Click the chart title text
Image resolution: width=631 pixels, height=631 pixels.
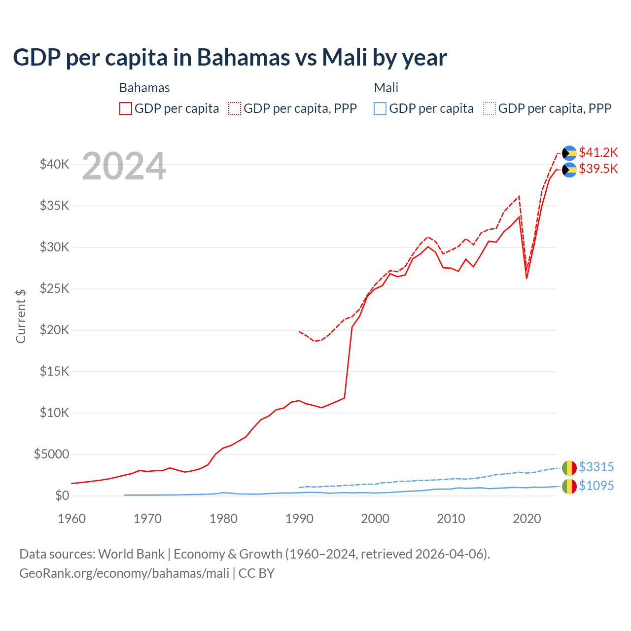coord(230,58)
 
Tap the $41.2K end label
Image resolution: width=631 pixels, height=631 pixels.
coord(598,152)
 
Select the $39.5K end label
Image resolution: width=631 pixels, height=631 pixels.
coord(598,169)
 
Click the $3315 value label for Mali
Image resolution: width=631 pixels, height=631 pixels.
coord(596,467)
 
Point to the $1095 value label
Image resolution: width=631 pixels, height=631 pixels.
coord(596,486)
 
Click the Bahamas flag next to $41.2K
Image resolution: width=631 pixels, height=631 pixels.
coord(569,153)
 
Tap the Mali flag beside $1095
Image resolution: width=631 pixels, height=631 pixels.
coord(569,486)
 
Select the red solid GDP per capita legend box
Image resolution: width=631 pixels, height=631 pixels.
coord(126,108)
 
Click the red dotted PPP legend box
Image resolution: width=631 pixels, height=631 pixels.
coord(235,108)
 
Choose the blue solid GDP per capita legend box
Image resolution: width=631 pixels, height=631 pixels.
coord(380,108)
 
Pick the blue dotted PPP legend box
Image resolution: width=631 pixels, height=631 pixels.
coord(490,108)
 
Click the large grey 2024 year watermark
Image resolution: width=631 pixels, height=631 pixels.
coord(124,167)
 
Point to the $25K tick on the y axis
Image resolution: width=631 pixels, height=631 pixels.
coord(54,288)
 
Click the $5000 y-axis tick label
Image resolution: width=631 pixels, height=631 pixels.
coord(51,454)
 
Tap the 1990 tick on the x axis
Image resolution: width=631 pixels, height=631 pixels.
coord(299,519)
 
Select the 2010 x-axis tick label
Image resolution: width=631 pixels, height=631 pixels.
coord(451,519)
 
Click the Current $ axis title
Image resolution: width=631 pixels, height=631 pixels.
coord(21,316)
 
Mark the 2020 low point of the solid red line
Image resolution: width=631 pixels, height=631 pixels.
coord(526,279)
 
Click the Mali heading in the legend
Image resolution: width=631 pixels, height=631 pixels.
coord(386,88)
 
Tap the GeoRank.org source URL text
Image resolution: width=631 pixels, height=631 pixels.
coord(124,573)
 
